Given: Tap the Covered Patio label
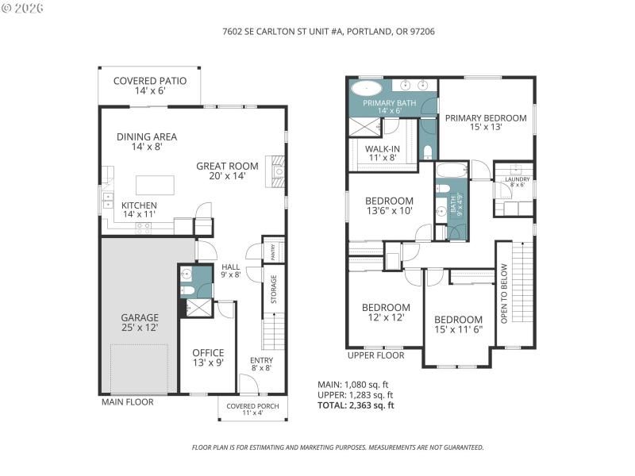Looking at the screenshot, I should click(x=149, y=86).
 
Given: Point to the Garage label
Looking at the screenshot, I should click(x=140, y=322).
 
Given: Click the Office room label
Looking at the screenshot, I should click(x=208, y=358).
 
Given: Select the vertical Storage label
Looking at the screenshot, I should click(x=274, y=290).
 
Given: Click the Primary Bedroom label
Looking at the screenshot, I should click(x=485, y=123).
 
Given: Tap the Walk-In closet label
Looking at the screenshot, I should click(x=382, y=153).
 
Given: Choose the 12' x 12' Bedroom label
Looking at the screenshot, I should click(x=386, y=313).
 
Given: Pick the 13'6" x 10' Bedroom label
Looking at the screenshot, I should click(x=389, y=205).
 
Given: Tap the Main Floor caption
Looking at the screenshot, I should click(x=127, y=402).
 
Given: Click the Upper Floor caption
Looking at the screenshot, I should click(x=375, y=355).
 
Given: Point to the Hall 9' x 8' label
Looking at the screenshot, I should click(x=230, y=271).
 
